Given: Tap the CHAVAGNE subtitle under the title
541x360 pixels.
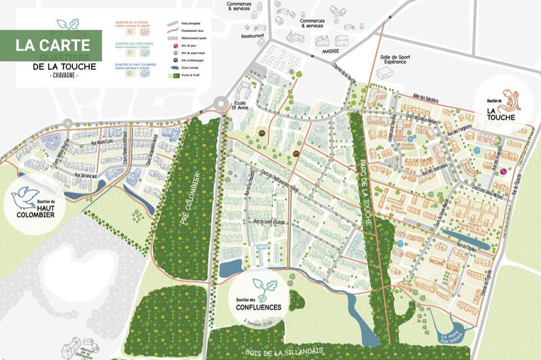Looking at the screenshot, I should pos(55,75).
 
